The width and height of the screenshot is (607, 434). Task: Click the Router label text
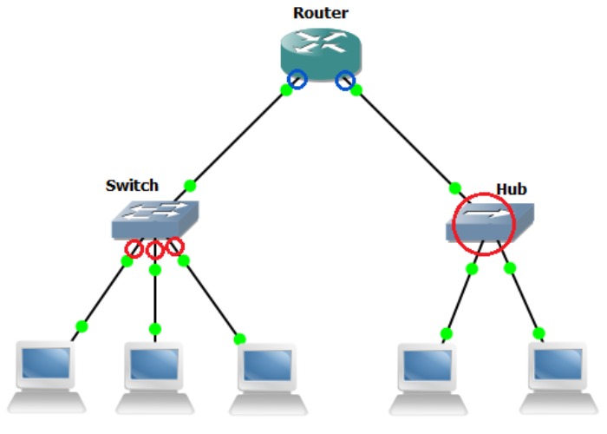[320, 12]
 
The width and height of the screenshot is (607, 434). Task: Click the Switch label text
[132, 185]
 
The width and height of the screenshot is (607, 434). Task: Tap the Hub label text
[512, 188]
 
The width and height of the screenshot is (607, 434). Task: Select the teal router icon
[321, 54]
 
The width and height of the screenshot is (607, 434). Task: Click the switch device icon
[155, 219]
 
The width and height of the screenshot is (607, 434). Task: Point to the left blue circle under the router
[298, 80]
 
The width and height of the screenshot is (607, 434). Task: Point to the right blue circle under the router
[346, 80]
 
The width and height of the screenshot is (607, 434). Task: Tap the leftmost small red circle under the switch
[134, 250]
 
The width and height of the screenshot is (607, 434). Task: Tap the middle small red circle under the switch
[155, 251]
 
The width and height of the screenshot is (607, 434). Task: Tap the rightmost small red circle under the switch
[175, 247]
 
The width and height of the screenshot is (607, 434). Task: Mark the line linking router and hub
[403, 136]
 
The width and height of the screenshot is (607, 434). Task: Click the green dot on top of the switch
[189, 185]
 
